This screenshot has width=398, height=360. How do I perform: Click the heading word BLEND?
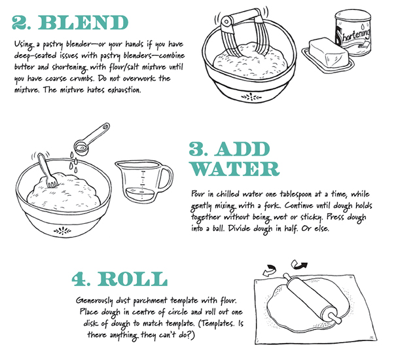point(83,22)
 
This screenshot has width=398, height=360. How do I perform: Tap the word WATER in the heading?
point(235,168)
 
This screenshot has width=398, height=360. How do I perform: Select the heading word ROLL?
point(132,279)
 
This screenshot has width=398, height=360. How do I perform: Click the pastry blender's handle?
point(240,17)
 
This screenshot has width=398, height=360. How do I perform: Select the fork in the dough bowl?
point(47,170)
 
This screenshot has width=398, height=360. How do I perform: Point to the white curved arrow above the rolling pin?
point(270,270)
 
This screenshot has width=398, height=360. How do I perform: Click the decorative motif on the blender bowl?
point(251,97)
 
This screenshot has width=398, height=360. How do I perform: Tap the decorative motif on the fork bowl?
point(62,231)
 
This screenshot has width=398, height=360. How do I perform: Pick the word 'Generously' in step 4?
point(94,301)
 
